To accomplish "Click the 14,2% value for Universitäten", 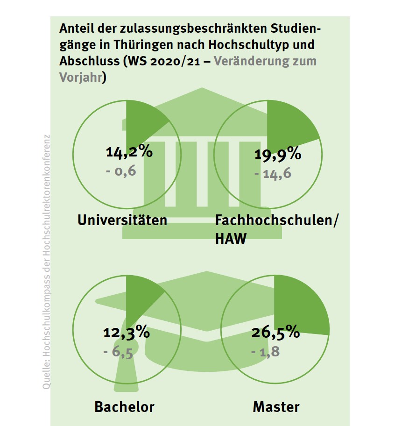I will (129, 152).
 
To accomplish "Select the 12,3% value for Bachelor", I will (126, 333).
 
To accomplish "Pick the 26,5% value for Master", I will (275, 333).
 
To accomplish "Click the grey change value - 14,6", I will (273, 174).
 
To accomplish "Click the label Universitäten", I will (122, 220).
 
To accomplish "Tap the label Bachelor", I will (124, 406).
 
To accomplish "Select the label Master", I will (276, 406).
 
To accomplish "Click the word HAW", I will (231, 239).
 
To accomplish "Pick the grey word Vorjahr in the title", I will (80, 77).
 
